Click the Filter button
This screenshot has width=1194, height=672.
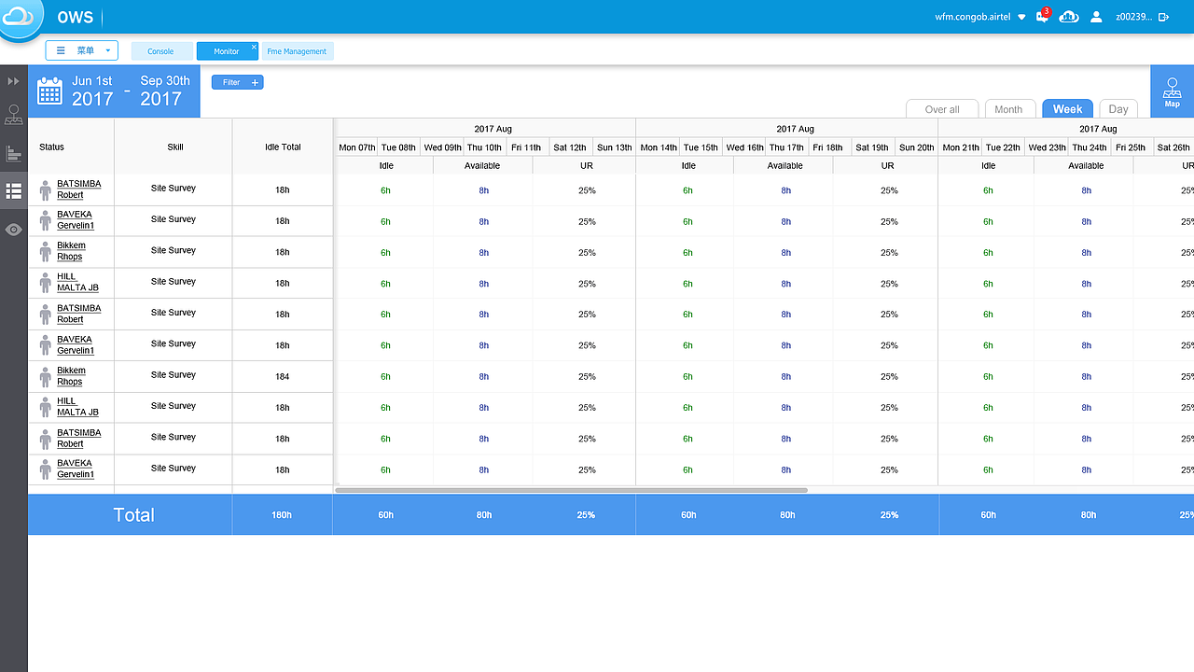[x=237, y=82]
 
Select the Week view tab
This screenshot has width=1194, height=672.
[x=1067, y=109]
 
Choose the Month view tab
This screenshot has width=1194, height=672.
[x=1008, y=109]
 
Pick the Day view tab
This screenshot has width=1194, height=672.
[x=1118, y=109]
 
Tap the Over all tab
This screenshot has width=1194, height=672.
[x=942, y=109]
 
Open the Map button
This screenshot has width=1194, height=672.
[x=1172, y=92]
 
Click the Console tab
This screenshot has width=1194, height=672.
[x=160, y=51]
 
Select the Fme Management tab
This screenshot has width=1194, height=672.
[x=297, y=51]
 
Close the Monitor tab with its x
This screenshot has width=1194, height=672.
[x=254, y=47]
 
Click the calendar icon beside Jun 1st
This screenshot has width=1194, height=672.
[x=49, y=91]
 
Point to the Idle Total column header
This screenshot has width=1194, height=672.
[x=283, y=147]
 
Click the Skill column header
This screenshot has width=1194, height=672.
[x=174, y=147]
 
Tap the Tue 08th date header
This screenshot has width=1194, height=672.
[x=398, y=147]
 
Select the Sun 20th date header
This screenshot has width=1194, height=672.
[x=916, y=147]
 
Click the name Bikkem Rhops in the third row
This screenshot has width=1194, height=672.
[x=70, y=251]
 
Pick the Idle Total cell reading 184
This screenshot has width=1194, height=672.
[x=282, y=377]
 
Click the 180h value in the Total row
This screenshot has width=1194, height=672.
[x=282, y=515]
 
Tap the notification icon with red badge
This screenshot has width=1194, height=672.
[x=1042, y=17]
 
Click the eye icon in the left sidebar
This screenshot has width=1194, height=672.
[x=13, y=230]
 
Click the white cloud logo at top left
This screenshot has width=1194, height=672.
[x=19, y=17]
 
